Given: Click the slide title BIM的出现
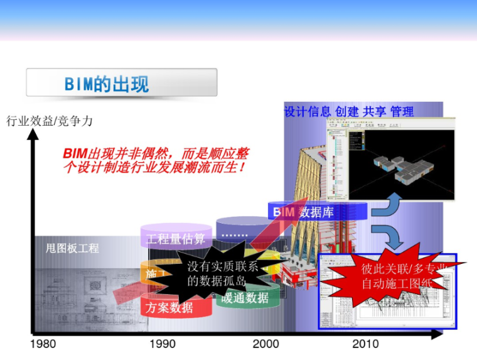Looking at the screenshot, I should click(x=107, y=84).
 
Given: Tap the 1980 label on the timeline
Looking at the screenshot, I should click(x=43, y=344).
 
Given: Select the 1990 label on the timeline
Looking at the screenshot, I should click(x=163, y=344).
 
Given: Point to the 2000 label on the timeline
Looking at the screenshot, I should click(x=265, y=344).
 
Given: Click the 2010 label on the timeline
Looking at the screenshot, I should click(x=365, y=344).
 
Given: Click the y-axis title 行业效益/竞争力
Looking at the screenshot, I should click(x=50, y=121).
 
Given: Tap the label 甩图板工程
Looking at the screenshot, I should click(x=73, y=248).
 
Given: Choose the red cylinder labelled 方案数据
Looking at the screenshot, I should click(x=169, y=308).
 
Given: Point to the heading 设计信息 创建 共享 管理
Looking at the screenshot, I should click(x=349, y=112).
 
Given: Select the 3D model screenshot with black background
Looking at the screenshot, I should click(x=390, y=161).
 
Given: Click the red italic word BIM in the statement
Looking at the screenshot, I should click(x=75, y=154).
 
